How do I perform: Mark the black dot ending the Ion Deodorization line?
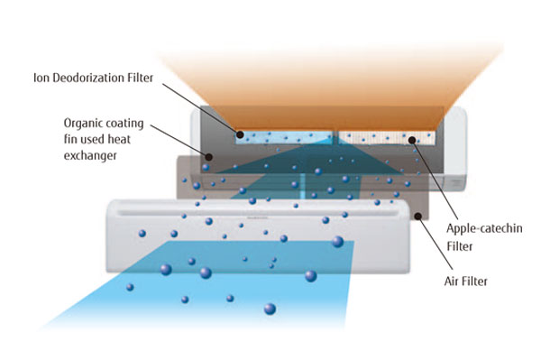click(x=239, y=135)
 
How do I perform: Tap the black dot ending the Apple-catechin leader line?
click(x=411, y=139)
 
